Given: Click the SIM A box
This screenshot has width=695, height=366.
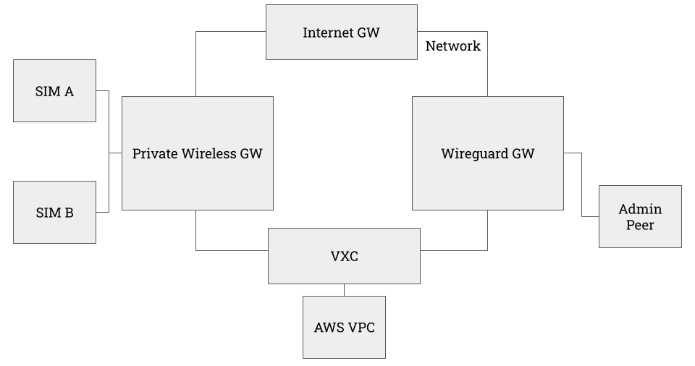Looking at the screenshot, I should click(54, 90).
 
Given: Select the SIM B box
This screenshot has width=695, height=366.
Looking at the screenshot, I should click(54, 212).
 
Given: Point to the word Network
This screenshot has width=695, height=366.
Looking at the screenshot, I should click(452, 46).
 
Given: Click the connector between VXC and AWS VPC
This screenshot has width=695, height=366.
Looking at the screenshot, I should click(344, 289).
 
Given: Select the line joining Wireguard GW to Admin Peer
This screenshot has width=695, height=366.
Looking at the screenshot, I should click(582, 184).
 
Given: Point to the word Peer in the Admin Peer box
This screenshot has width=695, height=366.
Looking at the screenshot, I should click(640, 225).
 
